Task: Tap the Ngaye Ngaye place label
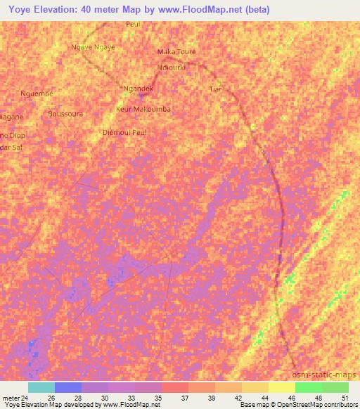pos(93,47)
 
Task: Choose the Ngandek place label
pos(138,89)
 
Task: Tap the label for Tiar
pos(215,89)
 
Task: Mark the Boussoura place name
pos(65,113)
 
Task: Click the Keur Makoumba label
pos(143,110)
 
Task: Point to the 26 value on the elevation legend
pos(51,396)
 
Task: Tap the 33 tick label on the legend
pos(131,396)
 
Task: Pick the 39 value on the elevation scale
pos(212,396)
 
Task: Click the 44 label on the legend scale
pos(265,396)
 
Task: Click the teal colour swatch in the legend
pos(41,387)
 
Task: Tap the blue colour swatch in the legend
pos(68,387)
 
